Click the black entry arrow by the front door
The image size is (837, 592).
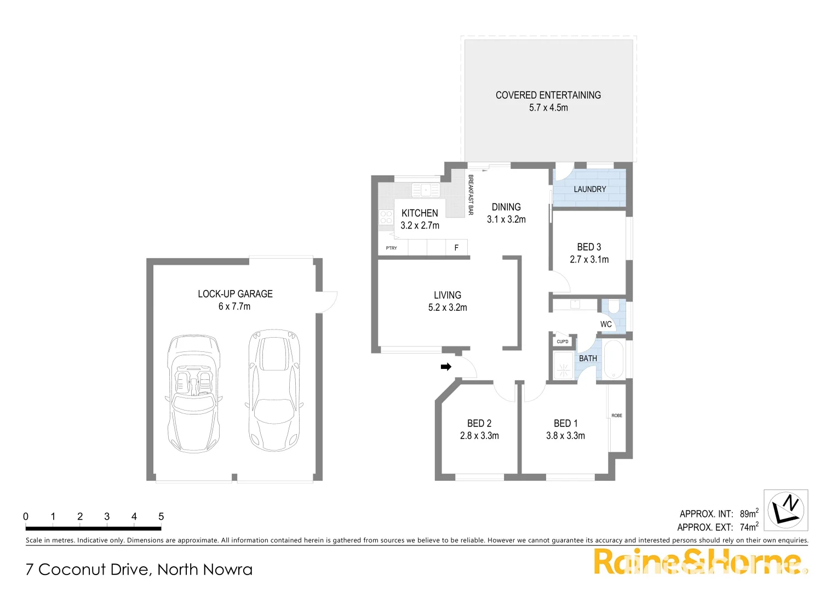[x=446, y=367]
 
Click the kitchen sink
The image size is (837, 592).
[x=426, y=190]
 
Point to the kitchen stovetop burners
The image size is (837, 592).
[x=386, y=218]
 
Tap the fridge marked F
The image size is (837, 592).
[x=456, y=248]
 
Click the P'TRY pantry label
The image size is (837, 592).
[x=391, y=248]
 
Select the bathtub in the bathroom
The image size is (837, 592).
[x=614, y=360]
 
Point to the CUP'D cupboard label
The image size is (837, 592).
[x=563, y=341]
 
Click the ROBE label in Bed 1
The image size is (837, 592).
[x=617, y=415]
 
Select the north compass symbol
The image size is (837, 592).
[x=786, y=510]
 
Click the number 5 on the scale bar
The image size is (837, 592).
[x=161, y=516]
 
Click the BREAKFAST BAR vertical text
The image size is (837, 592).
[x=471, y=195]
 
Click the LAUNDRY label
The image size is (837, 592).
[x=590, y=189]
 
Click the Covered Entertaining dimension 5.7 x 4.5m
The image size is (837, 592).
[x=548, y=108]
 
